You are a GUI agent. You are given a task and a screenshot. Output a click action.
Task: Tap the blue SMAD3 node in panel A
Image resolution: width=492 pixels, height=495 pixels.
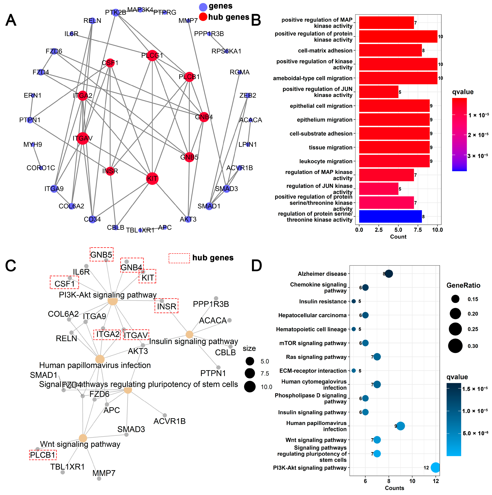tap(226, 189)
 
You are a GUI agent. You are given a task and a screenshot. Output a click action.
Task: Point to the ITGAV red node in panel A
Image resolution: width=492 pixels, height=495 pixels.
tap(83, 138)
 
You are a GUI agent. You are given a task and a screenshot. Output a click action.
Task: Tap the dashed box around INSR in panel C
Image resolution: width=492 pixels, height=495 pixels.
tap(166, 306)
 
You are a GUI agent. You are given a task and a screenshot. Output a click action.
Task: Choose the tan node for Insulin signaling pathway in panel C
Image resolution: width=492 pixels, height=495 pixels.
tap(189, 334)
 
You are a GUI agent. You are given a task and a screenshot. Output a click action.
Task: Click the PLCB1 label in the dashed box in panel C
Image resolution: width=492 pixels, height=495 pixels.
tap(43, 455)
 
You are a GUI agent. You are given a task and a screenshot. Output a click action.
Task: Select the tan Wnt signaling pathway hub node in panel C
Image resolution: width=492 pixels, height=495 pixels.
tap(83, 438)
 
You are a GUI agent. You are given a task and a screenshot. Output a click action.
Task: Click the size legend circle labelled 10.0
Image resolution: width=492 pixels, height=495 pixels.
tap(250, 387)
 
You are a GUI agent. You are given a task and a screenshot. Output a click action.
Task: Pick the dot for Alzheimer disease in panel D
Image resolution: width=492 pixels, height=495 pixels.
tap(389, 274)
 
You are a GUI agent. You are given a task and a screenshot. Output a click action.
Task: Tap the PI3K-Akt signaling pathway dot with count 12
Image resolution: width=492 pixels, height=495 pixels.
tap(436, 468)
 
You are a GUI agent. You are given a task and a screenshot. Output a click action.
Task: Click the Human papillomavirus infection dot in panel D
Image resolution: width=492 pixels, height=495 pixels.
tap(401, 426)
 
